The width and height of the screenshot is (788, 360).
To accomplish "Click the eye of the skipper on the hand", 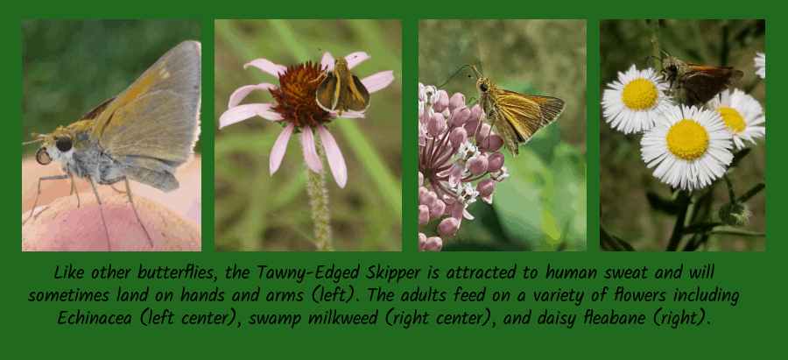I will click(63, 144).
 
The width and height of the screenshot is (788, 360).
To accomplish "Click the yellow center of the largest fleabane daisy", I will click(686, 139).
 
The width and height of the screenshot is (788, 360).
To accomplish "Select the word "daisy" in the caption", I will click(555, 317).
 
